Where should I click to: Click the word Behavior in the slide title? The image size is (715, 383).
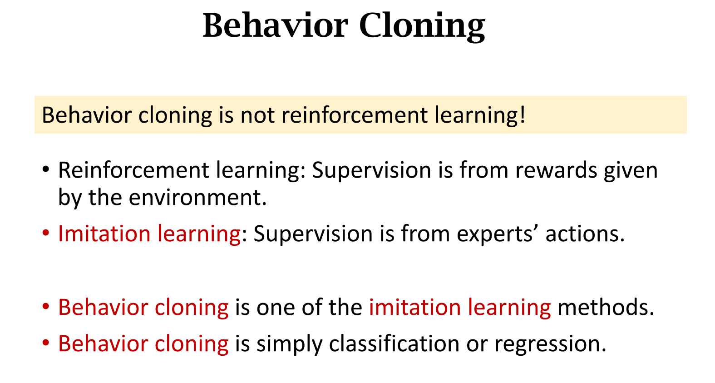click(275, 25)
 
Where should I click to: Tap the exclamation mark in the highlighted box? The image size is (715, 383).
click(522, 114)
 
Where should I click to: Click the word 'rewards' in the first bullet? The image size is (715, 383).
click(556, 170)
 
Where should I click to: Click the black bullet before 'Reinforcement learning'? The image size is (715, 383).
click(46, 169)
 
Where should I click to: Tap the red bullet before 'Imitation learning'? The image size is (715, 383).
click(46, 233)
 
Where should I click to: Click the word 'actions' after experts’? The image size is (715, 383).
click(581, 234)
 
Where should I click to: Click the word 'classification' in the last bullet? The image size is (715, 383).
click(394, 344)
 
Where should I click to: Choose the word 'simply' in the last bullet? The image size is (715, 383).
click(290, 345)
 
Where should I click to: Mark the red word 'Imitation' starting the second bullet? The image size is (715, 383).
click(104, 234)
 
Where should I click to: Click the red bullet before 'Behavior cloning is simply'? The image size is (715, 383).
click(46, 343)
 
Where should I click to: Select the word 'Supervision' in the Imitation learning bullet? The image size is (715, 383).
click(313, 234)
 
